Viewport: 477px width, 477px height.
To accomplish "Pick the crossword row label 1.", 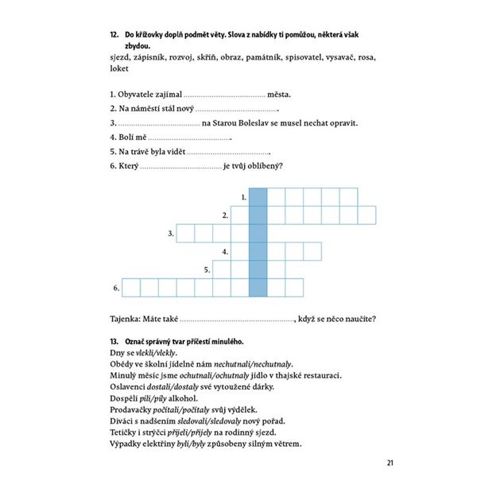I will click(x=242, y=196).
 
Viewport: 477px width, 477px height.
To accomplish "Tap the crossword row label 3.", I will click(x=171, y=234).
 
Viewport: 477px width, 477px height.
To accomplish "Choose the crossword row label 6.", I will click(x=115, y=288).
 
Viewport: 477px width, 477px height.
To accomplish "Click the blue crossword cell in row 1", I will click(x=258, y=196).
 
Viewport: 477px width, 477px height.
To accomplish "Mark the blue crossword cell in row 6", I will click(x=258, y=287).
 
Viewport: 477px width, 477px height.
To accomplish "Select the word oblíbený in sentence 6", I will click(x=262, y=166).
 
